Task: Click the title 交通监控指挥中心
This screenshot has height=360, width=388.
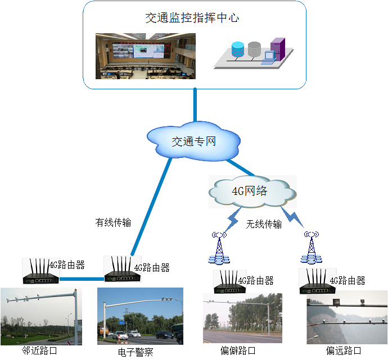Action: [192, 17]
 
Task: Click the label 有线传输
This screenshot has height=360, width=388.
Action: [113, 222]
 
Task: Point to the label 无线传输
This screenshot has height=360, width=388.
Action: [264, 224]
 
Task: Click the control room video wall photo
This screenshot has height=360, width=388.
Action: [145, 56]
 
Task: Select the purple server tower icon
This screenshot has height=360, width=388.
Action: [277, 49]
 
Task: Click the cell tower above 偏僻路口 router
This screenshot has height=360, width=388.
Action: [218, 249]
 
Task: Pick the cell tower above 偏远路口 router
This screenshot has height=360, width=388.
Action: [311, 249]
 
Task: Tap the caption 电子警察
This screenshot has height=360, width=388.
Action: [136, 352]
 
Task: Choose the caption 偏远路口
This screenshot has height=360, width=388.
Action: [344, 351]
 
